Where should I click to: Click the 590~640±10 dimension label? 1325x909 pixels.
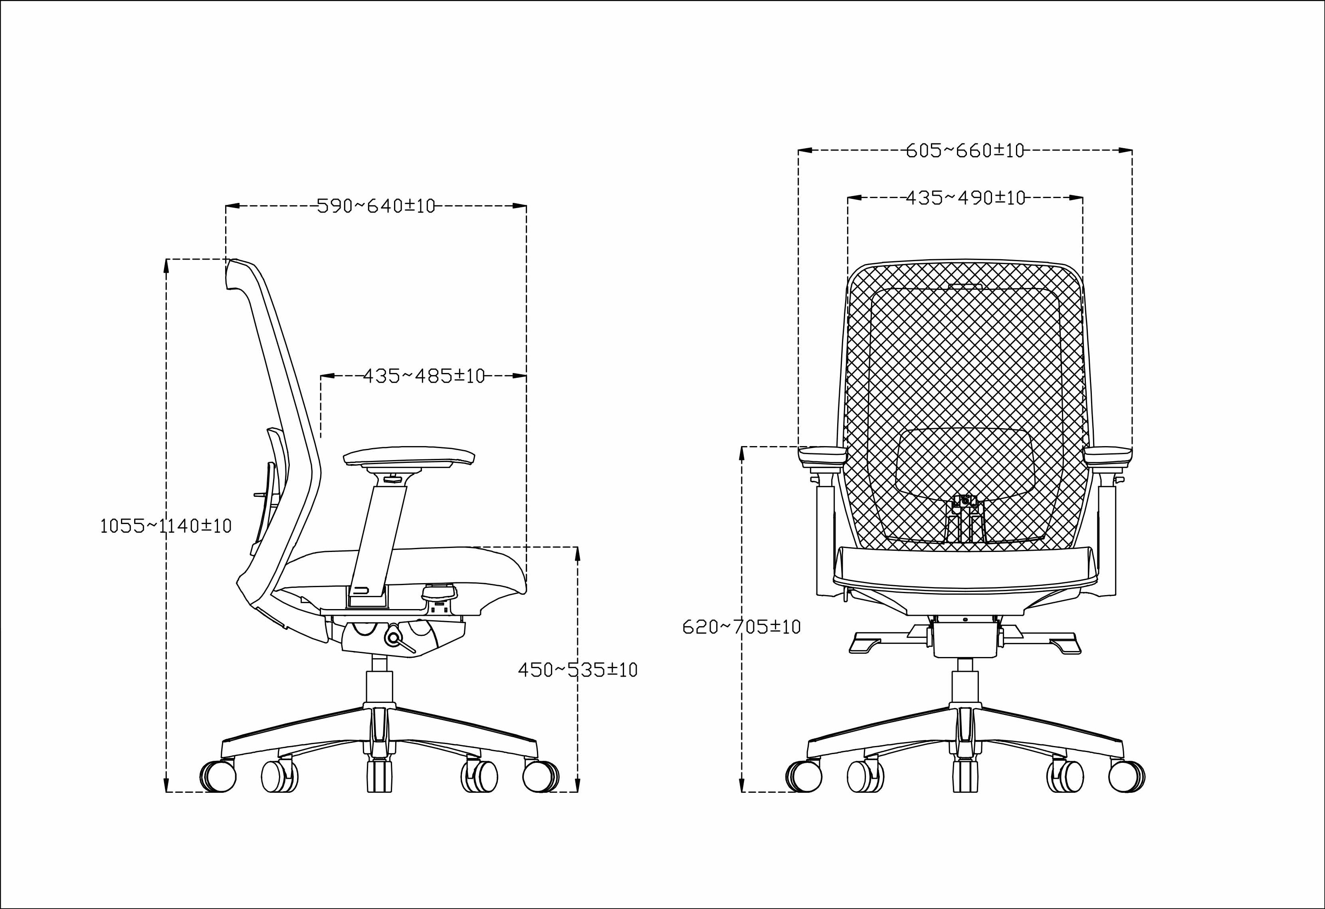[x=376, y=205]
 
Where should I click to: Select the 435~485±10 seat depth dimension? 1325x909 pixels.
[x=424, y=376]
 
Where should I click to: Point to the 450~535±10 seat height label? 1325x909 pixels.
[x=578, y=669]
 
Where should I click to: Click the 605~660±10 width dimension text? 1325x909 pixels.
[x=965, y=151]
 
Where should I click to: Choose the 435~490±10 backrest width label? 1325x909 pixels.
[x=965, y=198]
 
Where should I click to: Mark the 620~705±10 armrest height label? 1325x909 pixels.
[x=742, y=627]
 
